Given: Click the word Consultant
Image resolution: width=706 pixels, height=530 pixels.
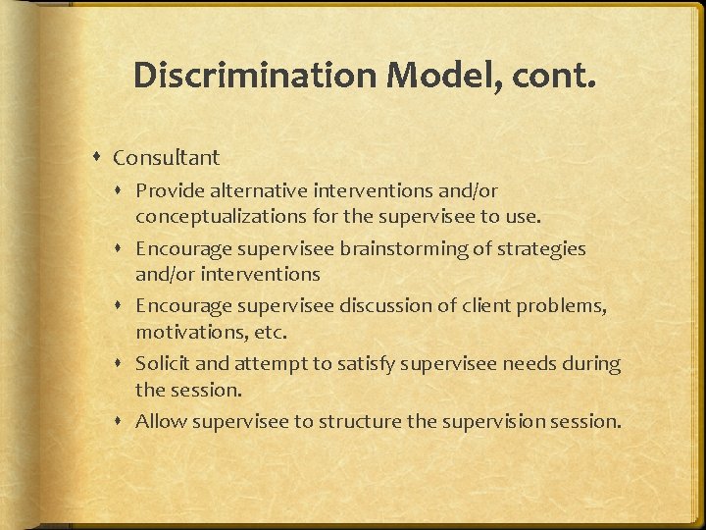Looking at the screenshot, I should coord(167,157).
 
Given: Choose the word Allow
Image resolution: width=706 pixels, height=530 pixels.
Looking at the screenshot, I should coord(161,422).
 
